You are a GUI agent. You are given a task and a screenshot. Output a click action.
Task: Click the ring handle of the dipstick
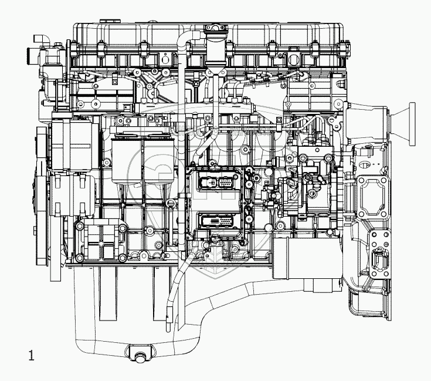(x=170, y=203)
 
